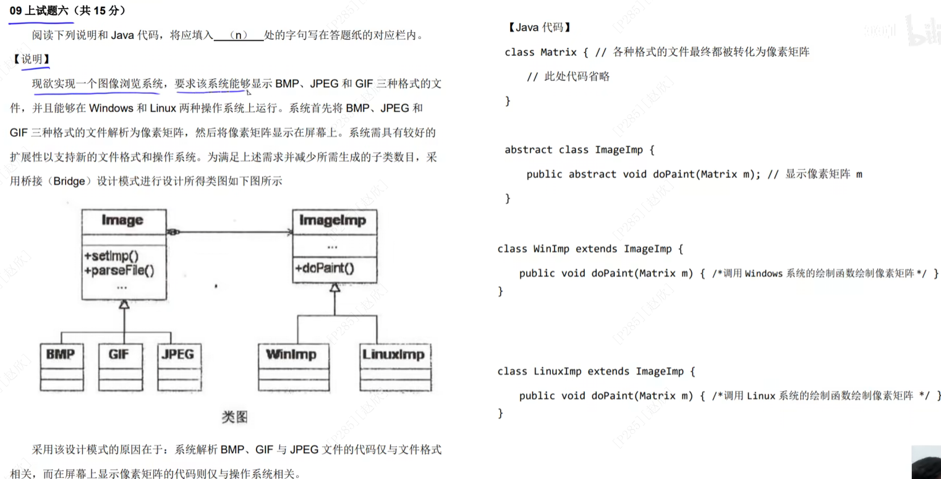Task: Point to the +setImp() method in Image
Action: click(x=112, y=256)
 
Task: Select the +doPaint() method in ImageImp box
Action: click(x=325, y=268)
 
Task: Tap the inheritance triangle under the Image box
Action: click(x=124, y=304)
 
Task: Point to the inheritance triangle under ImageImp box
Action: click(x=334, y=287)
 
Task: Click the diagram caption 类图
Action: click(x=234, y=417)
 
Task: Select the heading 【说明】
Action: click(x=31, y=59)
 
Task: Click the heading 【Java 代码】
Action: click(x=539, y=27)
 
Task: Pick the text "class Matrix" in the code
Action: click(x=540, y=52)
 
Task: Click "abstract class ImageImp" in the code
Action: click(x=574, y=150)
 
